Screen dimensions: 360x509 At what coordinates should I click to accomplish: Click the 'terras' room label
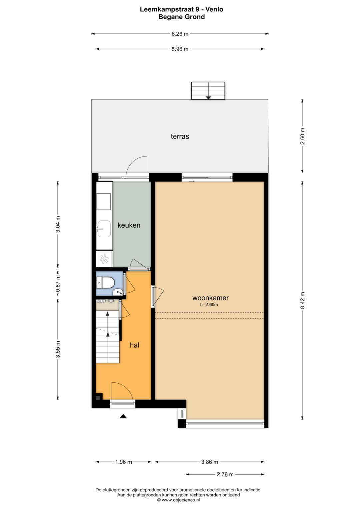click(x=180, y=136)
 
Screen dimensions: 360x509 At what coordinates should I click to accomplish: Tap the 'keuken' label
click(x=129, y=225)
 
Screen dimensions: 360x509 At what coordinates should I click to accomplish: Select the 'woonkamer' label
click(x=210, y=298)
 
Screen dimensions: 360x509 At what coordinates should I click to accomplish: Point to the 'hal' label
click(x=134, y=345)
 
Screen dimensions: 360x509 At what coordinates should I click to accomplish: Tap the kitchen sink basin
click(x=104, y=229)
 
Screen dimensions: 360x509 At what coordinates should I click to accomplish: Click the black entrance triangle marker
click(x=123, y=416)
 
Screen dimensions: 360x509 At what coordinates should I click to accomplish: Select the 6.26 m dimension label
click(x=180, y=34)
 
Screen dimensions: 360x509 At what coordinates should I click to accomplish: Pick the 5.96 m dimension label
click(x=180, y=49)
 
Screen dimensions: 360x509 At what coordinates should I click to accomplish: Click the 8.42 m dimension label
click(x=302, y=301)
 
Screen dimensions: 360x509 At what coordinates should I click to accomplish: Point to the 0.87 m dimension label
click(x=58, y=284)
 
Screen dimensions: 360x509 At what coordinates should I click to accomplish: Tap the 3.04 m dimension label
click(x=58, y=224)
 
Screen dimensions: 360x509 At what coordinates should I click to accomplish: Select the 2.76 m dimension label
click(x=225, y=474)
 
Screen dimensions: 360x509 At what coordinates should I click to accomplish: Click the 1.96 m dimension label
click(x=123, y=462)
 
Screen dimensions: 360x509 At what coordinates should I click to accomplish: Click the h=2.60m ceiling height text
click(x=209, y=305)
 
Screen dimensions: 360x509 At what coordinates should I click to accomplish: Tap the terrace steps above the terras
click(x=208, y=91)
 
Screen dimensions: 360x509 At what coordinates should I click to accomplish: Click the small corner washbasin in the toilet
click(x=118, y=292)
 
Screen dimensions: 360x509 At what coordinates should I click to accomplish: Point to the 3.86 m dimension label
click(x=210, y=462)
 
